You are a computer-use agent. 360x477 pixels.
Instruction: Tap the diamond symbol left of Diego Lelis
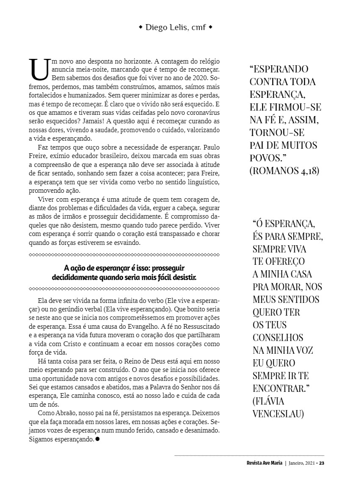pyautogui.click(x=141, y=28)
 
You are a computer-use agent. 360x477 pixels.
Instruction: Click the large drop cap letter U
pyautogui.click(x=39, y=69)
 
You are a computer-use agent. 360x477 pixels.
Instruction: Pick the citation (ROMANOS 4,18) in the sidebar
pyautogui.click(x=284, y=171)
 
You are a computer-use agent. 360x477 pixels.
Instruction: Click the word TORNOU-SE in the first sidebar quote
pyautogui.click(x=277, y=132)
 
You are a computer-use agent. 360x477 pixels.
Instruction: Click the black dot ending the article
pyautogui.click(x=97, y=439)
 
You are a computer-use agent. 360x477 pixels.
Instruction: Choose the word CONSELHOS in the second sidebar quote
pyautogui.click(x=278, y=337)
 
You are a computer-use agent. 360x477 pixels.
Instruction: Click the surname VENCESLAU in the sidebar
pyautogui.click(x=278, y=413)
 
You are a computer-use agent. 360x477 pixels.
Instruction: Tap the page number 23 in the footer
pyautogui.click(x=321, y=463)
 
